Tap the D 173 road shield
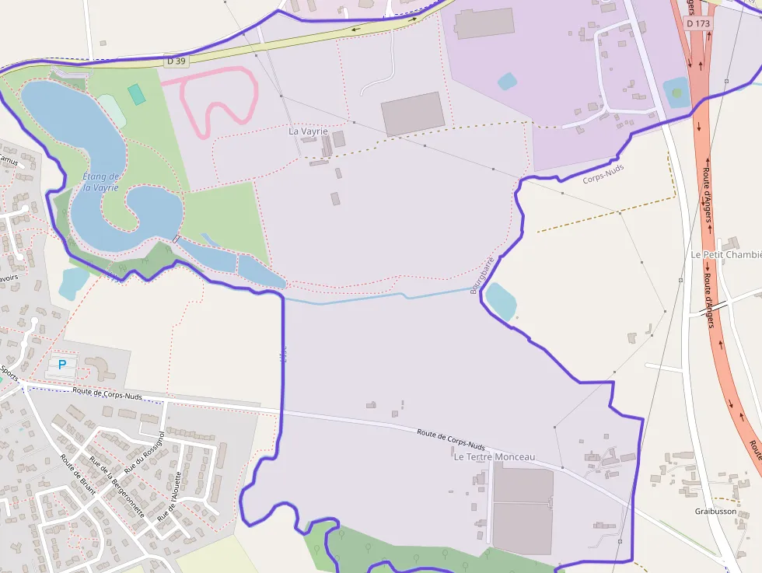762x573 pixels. point(698,23)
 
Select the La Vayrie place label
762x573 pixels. point(308,131)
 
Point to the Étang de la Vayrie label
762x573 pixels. point(101,182)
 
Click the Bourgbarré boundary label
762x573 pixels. point(482,275)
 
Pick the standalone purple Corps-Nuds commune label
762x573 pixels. point(603,173)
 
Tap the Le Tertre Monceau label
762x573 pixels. point(495,457)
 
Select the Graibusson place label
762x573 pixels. point(715,512)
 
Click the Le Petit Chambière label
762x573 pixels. point(726,255)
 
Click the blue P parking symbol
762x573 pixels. point(62,364)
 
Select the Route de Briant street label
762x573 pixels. point(78,474)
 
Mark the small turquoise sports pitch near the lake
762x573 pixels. point(137,95)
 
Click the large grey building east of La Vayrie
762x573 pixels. point(413,114)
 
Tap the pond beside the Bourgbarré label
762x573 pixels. point(501,301)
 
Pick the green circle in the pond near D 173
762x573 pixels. point(676,93)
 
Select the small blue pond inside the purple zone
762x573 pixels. point(507,81)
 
